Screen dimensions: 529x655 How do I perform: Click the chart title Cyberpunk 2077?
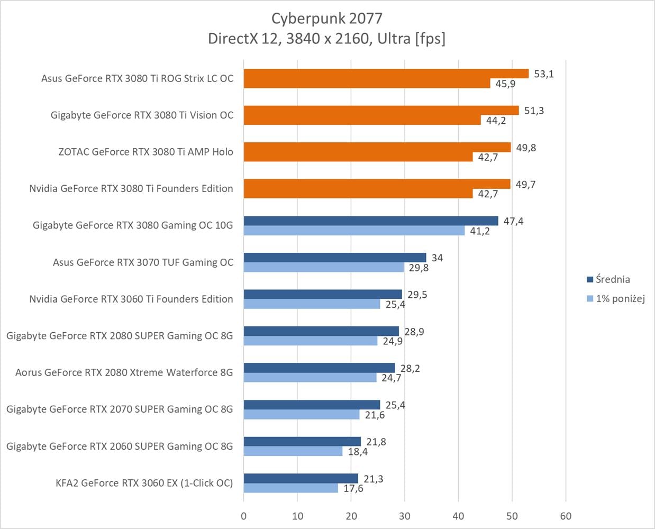tap(326, 18)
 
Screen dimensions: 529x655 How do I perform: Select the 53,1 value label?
tap(543, 74)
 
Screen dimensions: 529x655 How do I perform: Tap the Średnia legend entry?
tap(612, 279)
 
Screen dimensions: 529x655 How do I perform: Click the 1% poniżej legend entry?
tap(620, 299)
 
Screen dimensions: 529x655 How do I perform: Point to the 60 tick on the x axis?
tap(566, 516)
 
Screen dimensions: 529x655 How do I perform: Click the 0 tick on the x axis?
tap(243, 516)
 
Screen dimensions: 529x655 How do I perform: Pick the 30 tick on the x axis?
tap(405, 516)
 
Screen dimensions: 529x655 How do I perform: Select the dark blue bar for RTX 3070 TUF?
tap(334, 258)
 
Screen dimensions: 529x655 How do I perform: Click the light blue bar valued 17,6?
tap(290, 488)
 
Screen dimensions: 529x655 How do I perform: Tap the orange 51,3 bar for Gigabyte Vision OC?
tap(381, 111)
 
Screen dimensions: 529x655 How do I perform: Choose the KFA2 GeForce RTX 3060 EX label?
tap(144, 483)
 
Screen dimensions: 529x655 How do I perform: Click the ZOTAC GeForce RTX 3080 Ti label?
tap(145, 152)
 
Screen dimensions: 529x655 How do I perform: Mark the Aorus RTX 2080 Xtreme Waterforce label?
tap(124, 372)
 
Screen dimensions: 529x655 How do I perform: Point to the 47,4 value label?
tap(513, 221)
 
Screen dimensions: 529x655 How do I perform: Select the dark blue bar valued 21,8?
tap(302, 442)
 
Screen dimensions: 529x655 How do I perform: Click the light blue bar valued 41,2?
tap(353, 231)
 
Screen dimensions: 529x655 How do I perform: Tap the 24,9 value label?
tap(393, 341)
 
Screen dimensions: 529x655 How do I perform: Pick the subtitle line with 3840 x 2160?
tap(326, 39)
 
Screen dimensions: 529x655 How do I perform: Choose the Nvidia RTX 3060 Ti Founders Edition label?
tap(131, 299)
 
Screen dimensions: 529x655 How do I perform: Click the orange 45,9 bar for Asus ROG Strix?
tap(367, 83)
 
